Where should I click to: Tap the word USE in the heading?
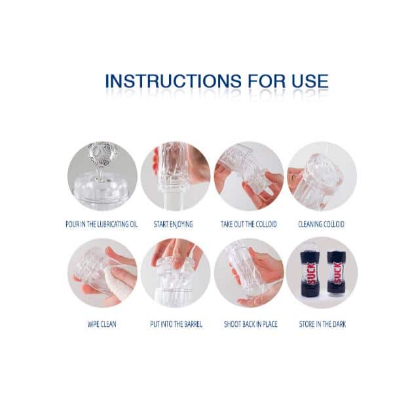[x=310, y=81]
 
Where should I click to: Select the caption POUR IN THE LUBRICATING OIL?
[x=102, y=224]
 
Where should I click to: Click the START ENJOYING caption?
[x=173, y=224]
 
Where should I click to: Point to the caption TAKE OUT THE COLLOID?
[x=249, y=224]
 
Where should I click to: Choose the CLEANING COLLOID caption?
[x=321, y=224]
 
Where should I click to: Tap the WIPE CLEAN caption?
[x=102, y=324]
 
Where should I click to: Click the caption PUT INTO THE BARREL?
[x=176, y=324]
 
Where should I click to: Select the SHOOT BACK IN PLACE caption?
[x=251, y=324]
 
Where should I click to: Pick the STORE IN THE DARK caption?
[x=322, y=324]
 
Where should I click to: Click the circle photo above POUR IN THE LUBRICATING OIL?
[x=102, y=176]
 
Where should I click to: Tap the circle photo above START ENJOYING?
[x=176, y=176]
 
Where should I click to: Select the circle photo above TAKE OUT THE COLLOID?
[x=249, y=176]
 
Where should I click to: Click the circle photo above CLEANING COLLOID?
[x=322, y=176]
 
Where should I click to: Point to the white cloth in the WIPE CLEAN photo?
[x=118, y=281]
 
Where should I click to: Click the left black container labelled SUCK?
[x=310, y=272]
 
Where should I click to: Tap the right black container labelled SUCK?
[x=337, y=272]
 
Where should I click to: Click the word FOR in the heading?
[x=267, y=81]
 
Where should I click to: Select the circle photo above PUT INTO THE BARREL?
[x=176, y=273]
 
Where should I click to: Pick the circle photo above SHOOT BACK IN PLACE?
[x=249, y=273]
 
